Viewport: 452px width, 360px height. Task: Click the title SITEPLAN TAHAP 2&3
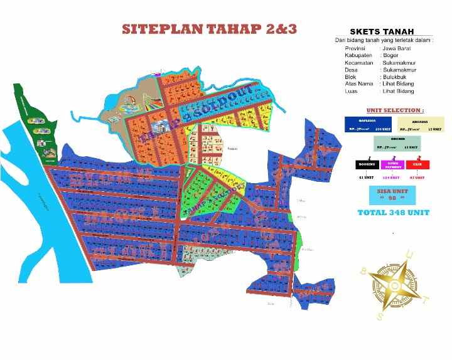click(x=210, y=29)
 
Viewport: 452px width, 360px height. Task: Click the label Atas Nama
click(x=359, y=83)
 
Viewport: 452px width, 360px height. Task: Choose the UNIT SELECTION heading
click(x=394, y=110)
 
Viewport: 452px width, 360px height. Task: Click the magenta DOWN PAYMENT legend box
click(x=393, y=165)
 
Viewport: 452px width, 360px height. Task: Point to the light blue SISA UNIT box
click(x=393, y=194)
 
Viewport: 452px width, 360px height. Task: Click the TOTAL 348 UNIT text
click(x=393, y=213)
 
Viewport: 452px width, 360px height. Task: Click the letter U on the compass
click(x=411, y=255)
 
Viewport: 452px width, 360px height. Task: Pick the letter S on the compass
click(x=380, y=317)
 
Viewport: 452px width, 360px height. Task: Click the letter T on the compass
click(x=426, y=299)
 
